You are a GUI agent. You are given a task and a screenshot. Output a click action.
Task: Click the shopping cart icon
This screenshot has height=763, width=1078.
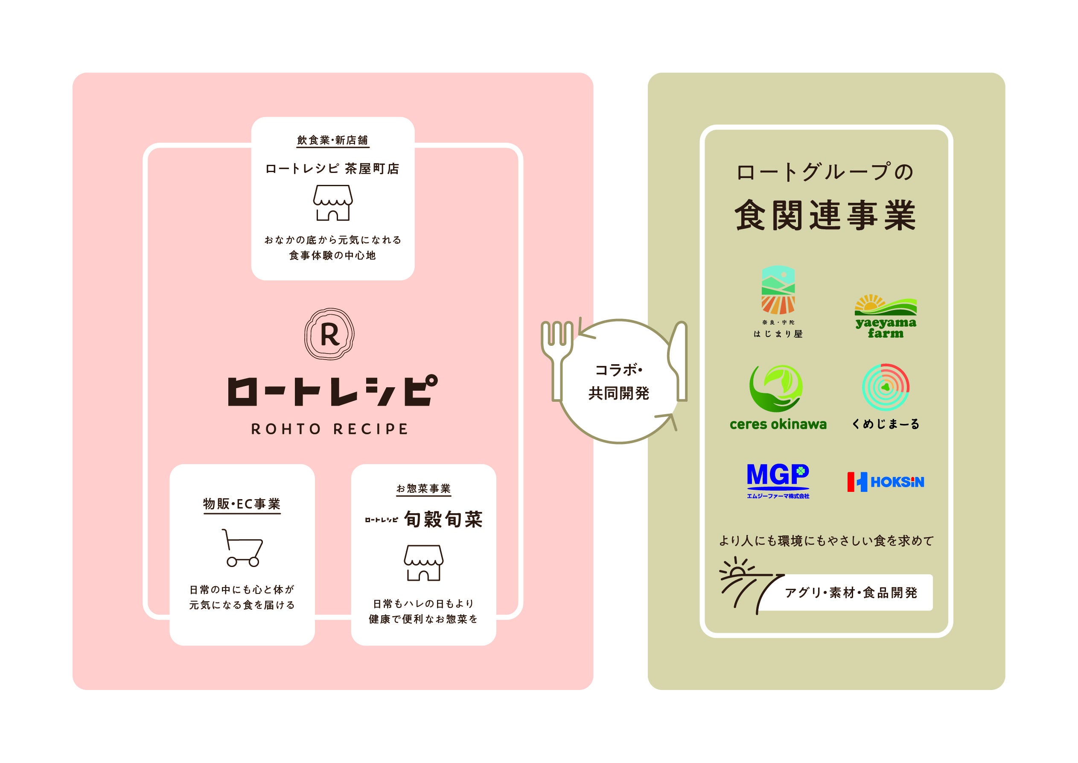pyautogui.click(x=242, y=548)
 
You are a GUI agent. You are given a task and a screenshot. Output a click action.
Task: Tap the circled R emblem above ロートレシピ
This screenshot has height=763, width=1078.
pyautogui.click(x=329, y=334)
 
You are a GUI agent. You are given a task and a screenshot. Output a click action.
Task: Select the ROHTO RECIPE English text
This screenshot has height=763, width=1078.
pyautogui.click(x=329, y=429)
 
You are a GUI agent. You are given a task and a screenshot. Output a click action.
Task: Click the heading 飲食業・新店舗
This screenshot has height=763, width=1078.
pyautogui.click(x=332, y=140)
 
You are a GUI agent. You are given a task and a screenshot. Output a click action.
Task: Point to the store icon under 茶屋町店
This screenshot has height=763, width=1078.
pyautogui.click(x=333, y=202)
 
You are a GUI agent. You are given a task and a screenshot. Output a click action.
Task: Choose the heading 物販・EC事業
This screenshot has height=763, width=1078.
pyautogui.click(x=242, y=504)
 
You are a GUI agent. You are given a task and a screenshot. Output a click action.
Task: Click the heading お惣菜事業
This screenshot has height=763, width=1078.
pyautogui.click(x=423, y=488)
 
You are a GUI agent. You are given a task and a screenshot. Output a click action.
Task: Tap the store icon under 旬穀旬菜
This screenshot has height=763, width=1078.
pyautogui.click(x=423, y=562)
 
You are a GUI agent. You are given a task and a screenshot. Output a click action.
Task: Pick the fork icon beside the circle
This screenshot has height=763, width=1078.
pyautogui.click(x=557, y=360)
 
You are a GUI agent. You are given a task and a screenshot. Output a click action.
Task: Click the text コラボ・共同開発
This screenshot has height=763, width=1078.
pyautogui.click(x=619, y=382)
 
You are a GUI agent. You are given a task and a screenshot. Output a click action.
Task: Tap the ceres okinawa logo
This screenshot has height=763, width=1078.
pyautogui.click(x=778, y=398)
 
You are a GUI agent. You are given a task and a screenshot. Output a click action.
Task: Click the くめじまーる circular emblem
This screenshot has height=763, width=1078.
pyautogui.click(x=886, y=387)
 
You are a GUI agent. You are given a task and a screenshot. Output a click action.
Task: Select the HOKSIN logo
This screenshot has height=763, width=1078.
pyautogui.click(x=886, y=482)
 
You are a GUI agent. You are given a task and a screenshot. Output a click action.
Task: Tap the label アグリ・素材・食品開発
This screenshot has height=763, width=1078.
pyautogui.click(x=851, y=593)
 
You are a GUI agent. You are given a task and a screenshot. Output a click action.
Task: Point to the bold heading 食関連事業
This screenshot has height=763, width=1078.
pyautogui.click(x=825, y=215)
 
